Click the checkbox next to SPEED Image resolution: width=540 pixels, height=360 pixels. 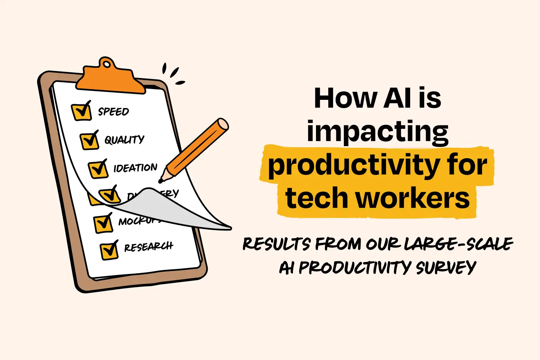coord(81,112)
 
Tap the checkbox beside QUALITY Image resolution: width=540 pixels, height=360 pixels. coord(89,141)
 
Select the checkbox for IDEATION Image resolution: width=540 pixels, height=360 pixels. coord(98,169)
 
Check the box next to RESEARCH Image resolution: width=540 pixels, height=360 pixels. coord(109,251)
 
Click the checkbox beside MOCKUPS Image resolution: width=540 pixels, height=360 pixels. coord(103,223)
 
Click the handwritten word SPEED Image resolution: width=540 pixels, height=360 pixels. coord(113,111)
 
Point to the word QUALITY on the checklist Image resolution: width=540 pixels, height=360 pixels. coord(124,140)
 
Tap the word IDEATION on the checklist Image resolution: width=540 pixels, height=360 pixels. coord(135,168)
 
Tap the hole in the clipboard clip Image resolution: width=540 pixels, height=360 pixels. coord(107,65)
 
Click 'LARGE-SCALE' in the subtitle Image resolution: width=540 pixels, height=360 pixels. coord(458,244)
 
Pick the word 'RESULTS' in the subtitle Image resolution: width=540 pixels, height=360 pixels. coord(276,244)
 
